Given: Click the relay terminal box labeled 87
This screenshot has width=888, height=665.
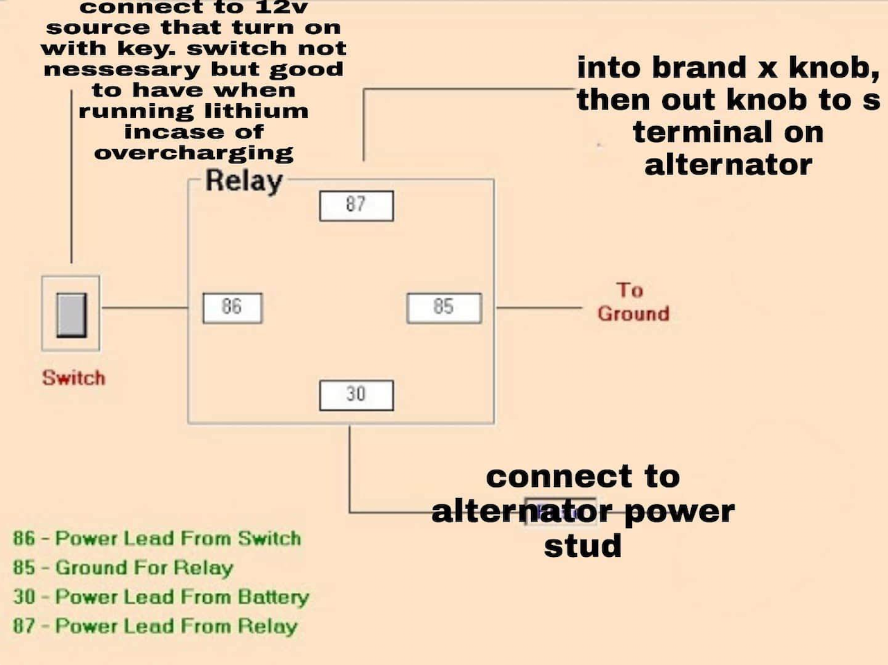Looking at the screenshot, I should click(356, 206).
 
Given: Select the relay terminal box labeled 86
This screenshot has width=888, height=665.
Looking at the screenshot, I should click(232, 308).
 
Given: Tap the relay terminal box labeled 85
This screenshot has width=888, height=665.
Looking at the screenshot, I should click(444, 308).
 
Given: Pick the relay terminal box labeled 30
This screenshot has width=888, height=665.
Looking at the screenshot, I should click(356, 395).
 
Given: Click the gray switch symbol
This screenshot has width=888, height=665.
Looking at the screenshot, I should click(71, 314).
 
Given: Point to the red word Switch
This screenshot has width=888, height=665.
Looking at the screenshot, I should click(73, 378).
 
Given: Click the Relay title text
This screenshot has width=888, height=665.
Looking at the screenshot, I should click(243, 181).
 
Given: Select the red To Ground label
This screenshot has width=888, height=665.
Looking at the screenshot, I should click(632, 302).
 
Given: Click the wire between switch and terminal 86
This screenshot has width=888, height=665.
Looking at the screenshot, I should click(144, 308).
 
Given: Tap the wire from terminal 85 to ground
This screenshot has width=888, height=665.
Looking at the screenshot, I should click(539, 308).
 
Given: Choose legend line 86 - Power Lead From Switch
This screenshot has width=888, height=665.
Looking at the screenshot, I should click(157, 538).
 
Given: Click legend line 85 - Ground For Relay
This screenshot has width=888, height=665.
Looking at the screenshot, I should click(123, 567).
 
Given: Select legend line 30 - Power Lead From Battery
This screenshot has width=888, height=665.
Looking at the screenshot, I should click(161, 596).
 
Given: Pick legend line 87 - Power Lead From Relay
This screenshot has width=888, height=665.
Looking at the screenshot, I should click(155, 626).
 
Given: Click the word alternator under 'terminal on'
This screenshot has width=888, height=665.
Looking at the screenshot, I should click(728, 165).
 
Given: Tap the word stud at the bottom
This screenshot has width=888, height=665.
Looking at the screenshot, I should click(582, 546).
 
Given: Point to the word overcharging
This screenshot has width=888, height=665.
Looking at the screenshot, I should click(194, 152).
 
